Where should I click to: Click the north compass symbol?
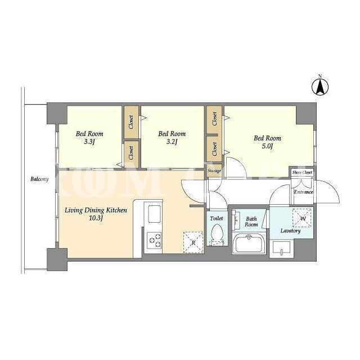point(320,87)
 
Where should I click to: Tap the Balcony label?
point(39,179)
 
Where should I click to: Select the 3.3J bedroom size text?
point(89,142)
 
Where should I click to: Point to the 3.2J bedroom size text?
point(172,142)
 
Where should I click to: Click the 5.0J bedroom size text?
point(267,146)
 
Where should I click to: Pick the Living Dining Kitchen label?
point(96,210)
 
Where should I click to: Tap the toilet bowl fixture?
point(217,234)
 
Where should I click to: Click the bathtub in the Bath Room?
point(249,244)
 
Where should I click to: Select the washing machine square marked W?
point(301,218)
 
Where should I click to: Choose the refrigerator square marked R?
point(193,242)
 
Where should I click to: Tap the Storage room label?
point(214,171)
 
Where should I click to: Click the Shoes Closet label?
point(302,172)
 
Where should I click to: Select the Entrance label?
point(304,192)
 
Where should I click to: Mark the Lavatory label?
point(290,231)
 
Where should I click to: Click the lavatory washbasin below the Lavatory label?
point(281,249)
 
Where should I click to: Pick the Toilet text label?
point(216,218)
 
